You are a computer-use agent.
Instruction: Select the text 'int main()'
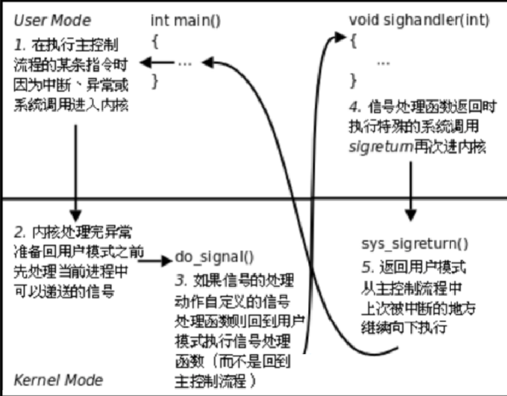click(186, 19)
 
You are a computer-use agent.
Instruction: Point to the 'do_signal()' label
click(214, 257)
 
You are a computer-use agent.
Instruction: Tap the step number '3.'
click(181, 280)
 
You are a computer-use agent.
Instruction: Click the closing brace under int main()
click(155, 78)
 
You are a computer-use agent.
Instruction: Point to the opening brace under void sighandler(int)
click(353, 42)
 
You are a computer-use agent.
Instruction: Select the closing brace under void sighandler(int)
click(353, 78)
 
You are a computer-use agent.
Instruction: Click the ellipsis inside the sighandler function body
click(384, 63)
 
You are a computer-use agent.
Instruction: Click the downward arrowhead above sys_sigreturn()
click(410, 214)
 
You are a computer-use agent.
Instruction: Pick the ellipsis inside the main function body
click(185, 63)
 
